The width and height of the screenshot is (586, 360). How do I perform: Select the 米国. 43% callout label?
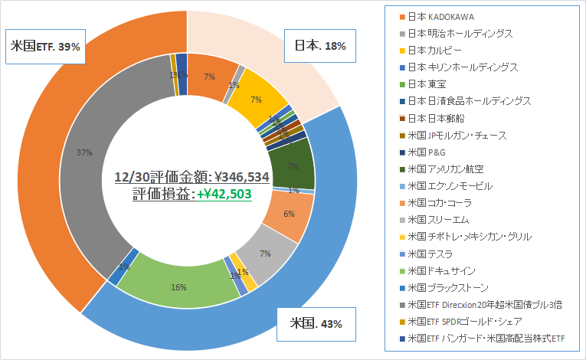click(x=316, y=322)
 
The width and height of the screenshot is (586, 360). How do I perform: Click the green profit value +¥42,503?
click(x=224, y=194)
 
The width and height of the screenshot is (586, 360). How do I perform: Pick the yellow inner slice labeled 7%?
click(x=255, y=97)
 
